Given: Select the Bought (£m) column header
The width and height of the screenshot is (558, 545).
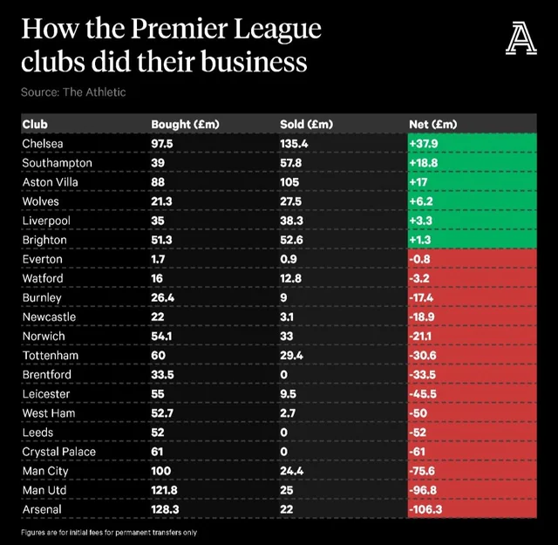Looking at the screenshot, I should tap(185, 124).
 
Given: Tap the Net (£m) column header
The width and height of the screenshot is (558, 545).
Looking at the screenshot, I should tap(432, 124).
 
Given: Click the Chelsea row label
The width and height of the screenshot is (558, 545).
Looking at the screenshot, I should tap(43, 143).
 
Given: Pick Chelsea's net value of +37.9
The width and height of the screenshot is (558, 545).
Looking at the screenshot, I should tap(425, 143).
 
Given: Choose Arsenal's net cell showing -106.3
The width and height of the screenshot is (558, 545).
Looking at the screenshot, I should tap(427, 509).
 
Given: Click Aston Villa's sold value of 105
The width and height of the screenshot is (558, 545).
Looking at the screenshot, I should tap(290, 181).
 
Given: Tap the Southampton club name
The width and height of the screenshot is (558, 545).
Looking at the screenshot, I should tap(57, 162).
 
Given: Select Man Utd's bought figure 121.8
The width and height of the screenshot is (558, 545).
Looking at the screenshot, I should tap(167, 490).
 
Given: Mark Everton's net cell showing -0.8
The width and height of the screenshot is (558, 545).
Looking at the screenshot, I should tap(420, 259).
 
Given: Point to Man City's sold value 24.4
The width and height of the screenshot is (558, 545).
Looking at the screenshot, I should tap(292, 471).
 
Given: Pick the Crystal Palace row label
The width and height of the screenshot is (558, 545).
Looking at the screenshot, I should tap(59, 452).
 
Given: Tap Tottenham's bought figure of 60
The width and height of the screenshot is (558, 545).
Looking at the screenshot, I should tap(159, 356).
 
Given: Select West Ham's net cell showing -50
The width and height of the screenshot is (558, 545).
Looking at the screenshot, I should tap(418, 413).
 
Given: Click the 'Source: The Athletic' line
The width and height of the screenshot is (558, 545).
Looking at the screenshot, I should tap(73, 92).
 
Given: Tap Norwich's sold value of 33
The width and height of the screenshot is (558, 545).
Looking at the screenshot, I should tap(288, 336).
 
